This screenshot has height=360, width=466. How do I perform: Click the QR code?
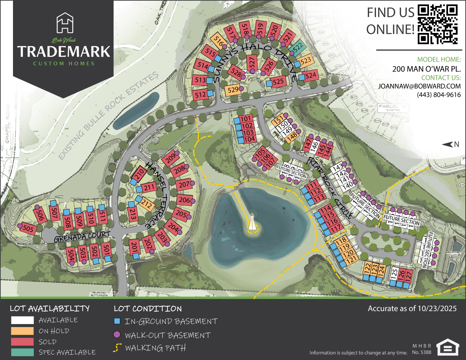click(438, 24)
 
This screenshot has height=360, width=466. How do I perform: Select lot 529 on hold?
click(233, 90)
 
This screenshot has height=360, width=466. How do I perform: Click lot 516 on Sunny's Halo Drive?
click(218, 41)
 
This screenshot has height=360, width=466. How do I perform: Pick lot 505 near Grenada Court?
click(28, 229)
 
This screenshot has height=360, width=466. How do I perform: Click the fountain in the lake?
click(253, 224)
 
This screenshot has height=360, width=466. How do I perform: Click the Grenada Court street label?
click(82, 237)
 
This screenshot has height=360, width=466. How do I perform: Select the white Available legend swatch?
click(22, 320)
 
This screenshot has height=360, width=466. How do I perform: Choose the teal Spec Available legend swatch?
click(22, 352)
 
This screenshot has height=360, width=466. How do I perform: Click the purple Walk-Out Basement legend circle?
click(117, 334)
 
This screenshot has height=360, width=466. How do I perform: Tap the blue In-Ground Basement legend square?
click(117, 321)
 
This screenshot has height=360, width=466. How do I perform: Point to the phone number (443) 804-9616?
click(439, 95)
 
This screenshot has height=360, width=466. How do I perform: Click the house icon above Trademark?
click(65, 23)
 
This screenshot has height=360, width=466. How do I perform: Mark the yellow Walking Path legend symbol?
click(117, 348)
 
